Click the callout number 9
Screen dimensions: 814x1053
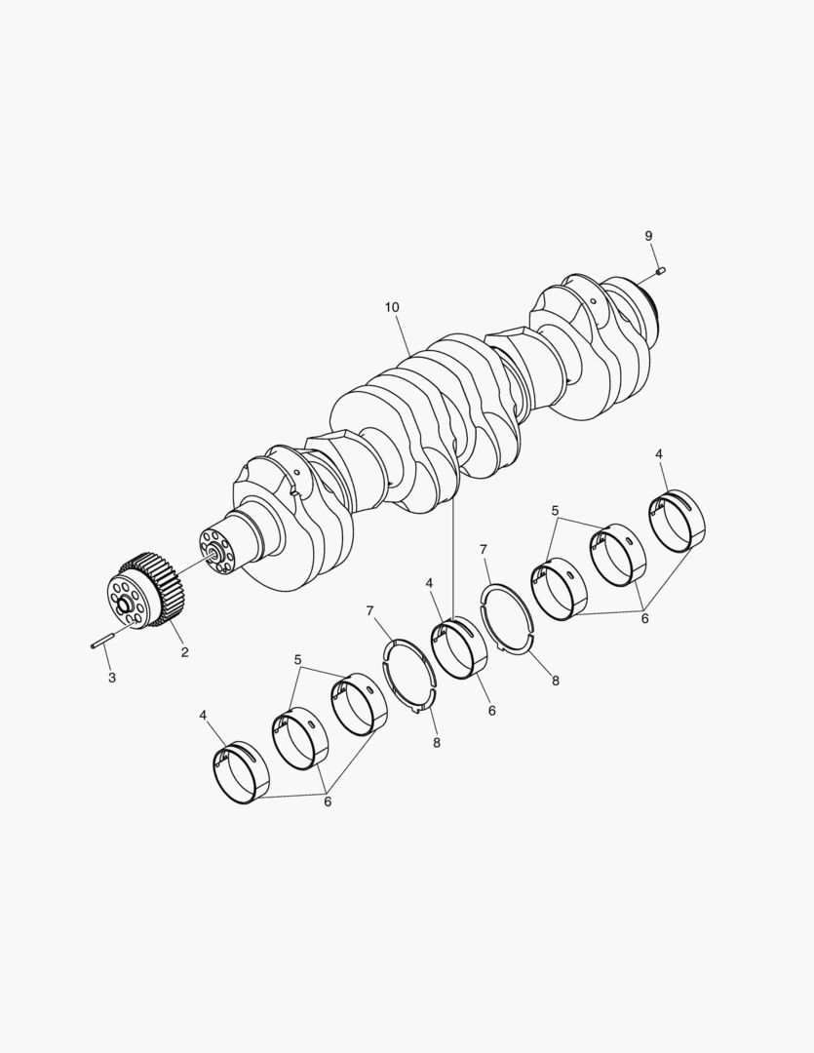coord(648,236)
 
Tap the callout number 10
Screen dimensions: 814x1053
coord(392,307)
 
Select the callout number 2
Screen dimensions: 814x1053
coord(184,651)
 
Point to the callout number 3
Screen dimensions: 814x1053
coord(111,678)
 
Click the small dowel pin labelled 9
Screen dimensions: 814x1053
coord(661,271)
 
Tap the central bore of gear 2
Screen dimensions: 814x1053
coord(125,604)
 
